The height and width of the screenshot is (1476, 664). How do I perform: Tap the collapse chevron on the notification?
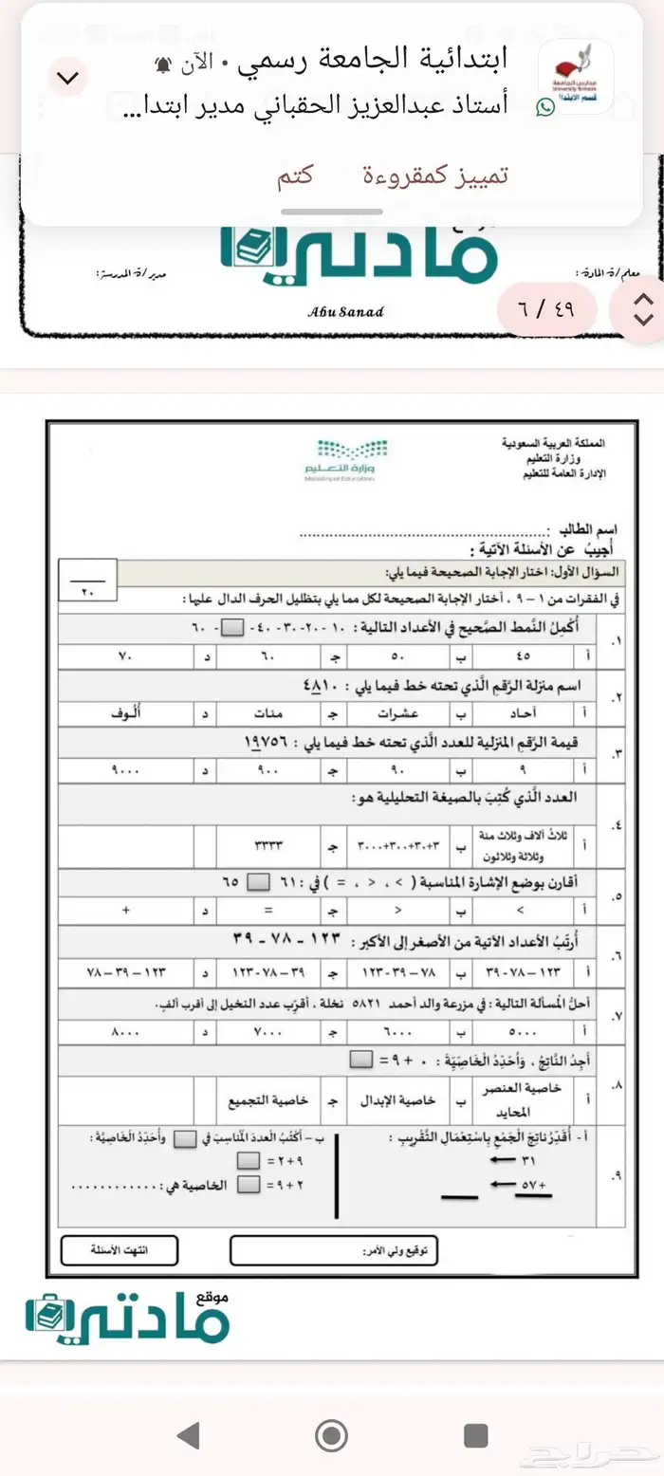tap(68, 78)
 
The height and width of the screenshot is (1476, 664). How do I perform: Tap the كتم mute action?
tap(296, 176)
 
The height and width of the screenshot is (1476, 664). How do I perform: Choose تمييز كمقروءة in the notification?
tap(436, 176)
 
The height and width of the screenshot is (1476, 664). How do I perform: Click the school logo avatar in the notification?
tap(576, 78)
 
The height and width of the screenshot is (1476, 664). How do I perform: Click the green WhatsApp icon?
tap(545, 108)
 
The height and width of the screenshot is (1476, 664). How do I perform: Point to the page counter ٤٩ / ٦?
tap(547, 308)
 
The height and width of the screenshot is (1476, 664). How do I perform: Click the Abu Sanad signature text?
tap(346, 312)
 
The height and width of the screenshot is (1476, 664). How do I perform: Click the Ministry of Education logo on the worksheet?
tap(346, 459)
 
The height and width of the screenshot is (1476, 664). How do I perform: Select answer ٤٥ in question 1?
tap(524, 655)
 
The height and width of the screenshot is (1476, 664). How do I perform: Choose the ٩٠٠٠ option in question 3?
tap(125, 769)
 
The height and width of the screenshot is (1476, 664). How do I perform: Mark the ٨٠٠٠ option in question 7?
tap(125, 1029)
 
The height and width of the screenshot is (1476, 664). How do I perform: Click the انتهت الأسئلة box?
tap(119, 1251)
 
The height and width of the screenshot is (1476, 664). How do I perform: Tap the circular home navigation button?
tap(331, 1435)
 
